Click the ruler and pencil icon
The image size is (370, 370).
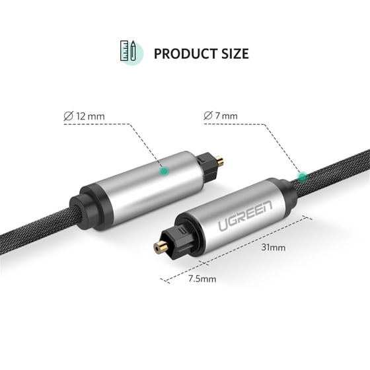[x=129, y=53]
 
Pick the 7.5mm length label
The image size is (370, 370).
[x=202, y=279]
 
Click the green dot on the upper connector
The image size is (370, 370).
[x=163, y=171]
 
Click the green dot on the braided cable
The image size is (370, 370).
[x=303, y=177]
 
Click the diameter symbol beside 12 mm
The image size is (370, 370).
[x=68, y=116]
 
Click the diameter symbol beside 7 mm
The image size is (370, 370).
[x=209, y=116]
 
